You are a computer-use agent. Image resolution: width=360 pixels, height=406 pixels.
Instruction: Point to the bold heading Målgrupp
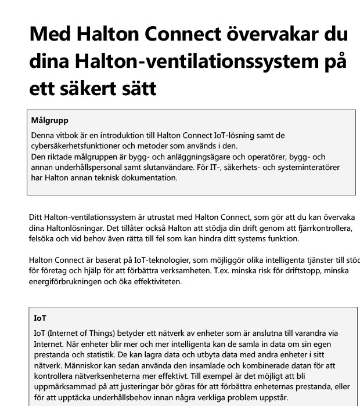(x=51, y=121)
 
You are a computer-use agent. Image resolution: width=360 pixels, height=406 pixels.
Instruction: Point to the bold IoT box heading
(x=39, y=318)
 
